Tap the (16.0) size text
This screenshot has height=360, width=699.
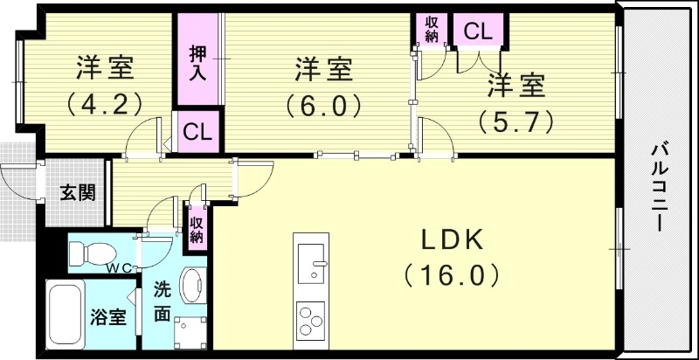point(451,276)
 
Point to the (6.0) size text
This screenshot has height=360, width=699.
point(322,105)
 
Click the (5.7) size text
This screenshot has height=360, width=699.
point(516,121)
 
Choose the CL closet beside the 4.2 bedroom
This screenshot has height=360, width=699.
point(197,133)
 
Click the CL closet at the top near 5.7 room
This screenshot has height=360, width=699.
point(477,32)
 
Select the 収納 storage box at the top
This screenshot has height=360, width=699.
point(432,29)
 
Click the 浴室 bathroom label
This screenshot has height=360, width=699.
point(108,316)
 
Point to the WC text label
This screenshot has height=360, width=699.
point(120,268)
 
